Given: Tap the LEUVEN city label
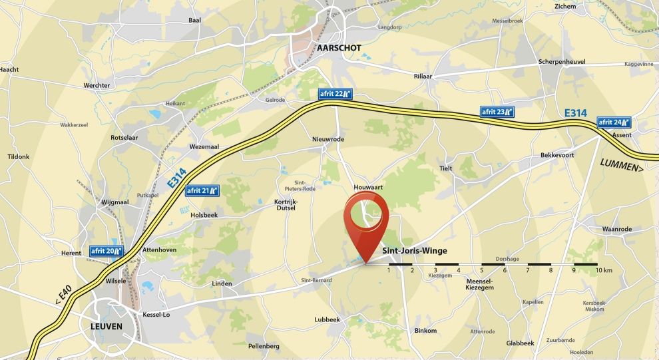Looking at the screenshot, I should [x=107, y=326].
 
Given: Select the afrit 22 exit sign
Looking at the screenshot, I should [x=335, y=94].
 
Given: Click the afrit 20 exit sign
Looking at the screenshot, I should [x=107, y=251].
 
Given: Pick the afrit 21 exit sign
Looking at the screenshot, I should [x=202, y=190].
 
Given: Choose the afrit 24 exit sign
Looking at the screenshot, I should [x=614, y=122].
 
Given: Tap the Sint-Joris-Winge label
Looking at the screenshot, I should [x=414, y=251].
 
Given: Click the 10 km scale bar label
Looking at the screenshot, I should [x=604, y=270].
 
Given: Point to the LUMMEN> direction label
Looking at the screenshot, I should [x=622, y=165].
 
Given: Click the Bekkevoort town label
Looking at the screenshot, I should [x=556, y=156].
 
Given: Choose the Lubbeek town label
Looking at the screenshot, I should [x=327, y=319].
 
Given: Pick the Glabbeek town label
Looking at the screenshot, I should [x=520, y=343].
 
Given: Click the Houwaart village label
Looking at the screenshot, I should [x=368, y=188].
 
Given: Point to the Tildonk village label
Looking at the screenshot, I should [x=19, y=157].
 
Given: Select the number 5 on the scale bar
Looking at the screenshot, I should [x=481, y=270].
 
